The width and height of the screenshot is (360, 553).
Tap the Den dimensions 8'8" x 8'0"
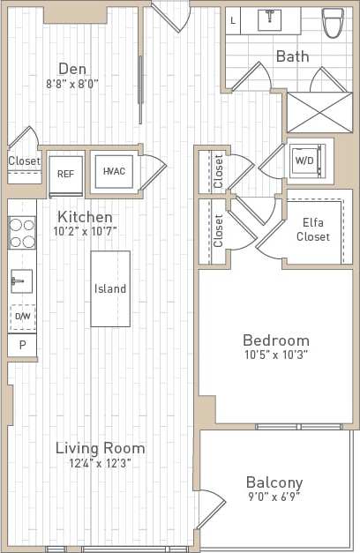72,86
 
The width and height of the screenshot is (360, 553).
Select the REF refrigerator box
65,174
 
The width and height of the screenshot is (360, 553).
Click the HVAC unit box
114,171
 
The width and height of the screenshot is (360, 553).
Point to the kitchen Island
110,288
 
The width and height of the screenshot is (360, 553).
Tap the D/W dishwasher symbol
22,316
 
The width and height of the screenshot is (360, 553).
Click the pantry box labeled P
22,346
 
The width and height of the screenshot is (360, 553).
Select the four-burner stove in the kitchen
22,233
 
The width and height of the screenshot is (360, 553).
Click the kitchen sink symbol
21,282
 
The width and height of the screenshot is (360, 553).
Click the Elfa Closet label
314,230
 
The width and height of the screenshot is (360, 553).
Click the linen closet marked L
233,19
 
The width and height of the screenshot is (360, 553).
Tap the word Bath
292,56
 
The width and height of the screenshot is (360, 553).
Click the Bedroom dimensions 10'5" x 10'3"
275,355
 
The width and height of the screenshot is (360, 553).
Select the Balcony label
274,482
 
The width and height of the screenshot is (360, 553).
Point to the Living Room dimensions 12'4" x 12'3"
100,464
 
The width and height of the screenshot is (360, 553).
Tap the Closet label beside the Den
24,161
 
